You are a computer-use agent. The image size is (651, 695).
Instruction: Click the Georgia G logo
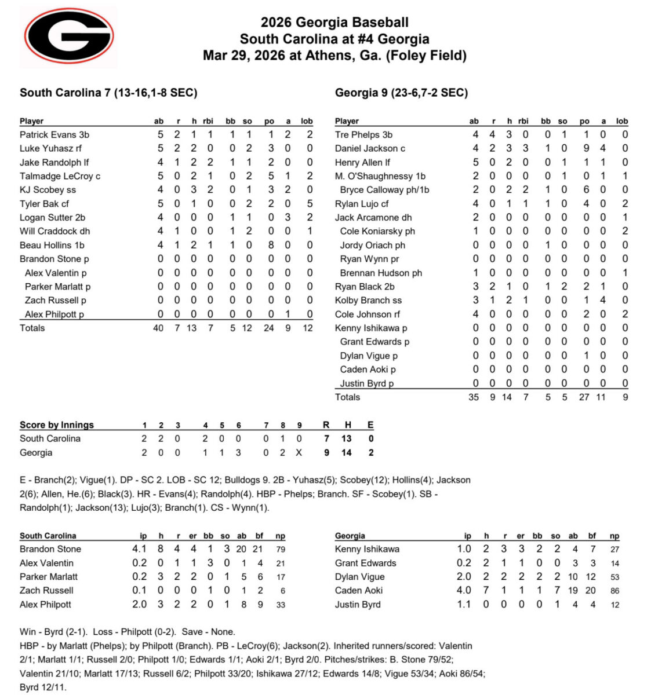pyautogui.click(x=68, y=36)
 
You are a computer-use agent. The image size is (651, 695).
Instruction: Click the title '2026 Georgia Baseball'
pyautogui.click(x=334, y=23)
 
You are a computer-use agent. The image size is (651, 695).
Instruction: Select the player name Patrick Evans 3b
pyautogui.click(x=54, y=135)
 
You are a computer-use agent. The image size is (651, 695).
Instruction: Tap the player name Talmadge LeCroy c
pyautogui.click(x=60, y=176)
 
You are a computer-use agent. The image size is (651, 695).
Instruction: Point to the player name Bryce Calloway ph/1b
pyautogui.click(x=384, y=190)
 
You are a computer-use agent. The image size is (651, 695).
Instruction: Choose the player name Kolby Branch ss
pyautogui.click(x=368, y=301)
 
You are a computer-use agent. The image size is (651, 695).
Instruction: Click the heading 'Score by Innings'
pyautogui.click(x=57, y=425)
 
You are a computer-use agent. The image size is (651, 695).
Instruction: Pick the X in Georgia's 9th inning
pyautogui.click(x=299, y=453)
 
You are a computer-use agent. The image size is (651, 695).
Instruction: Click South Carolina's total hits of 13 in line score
pyautogui.click(x=347, y=439)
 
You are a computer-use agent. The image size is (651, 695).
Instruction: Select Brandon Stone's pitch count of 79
pyautogui.click(x=280, y=550)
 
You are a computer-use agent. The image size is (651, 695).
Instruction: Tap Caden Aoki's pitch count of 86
pyautogui.click(x=614, y=591)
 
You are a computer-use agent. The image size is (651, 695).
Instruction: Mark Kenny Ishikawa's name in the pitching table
pyautogui.click(x=367, y=550)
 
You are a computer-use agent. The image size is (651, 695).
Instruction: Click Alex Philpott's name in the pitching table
pyautogui.click(x=45, y=605)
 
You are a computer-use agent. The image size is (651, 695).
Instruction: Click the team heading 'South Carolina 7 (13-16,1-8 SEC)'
pyautogui.click(x=108, y=93)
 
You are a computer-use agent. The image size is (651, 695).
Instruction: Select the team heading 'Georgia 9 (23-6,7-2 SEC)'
pyautogui.click(x=401, y=93)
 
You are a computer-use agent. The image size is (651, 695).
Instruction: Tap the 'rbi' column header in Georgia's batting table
pyautogui.click(x=523, y=121)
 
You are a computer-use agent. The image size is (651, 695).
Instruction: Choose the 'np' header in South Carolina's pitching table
pyautogui.click(x=280, y=536)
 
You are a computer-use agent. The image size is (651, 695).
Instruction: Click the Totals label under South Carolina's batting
pyautogui.click(x=32, y=328)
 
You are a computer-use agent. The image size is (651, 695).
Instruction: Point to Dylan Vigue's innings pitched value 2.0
pyautogui.click(x=464, y=577)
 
